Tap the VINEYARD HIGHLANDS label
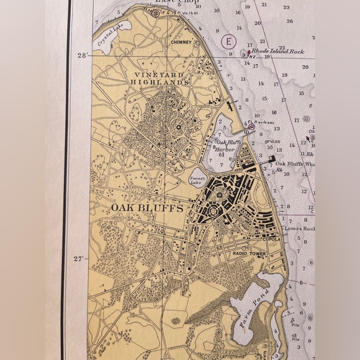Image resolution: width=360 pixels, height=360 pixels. [x=158, y=78]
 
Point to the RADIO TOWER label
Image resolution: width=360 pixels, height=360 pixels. [x=249, y=254]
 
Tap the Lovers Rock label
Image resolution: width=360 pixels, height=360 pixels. [x=300, y=228]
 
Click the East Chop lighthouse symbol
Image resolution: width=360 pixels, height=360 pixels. [x=155, y=11]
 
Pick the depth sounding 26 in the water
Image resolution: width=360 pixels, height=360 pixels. [x=289, y=21]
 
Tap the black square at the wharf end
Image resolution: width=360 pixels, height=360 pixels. [x=272, y=158]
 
